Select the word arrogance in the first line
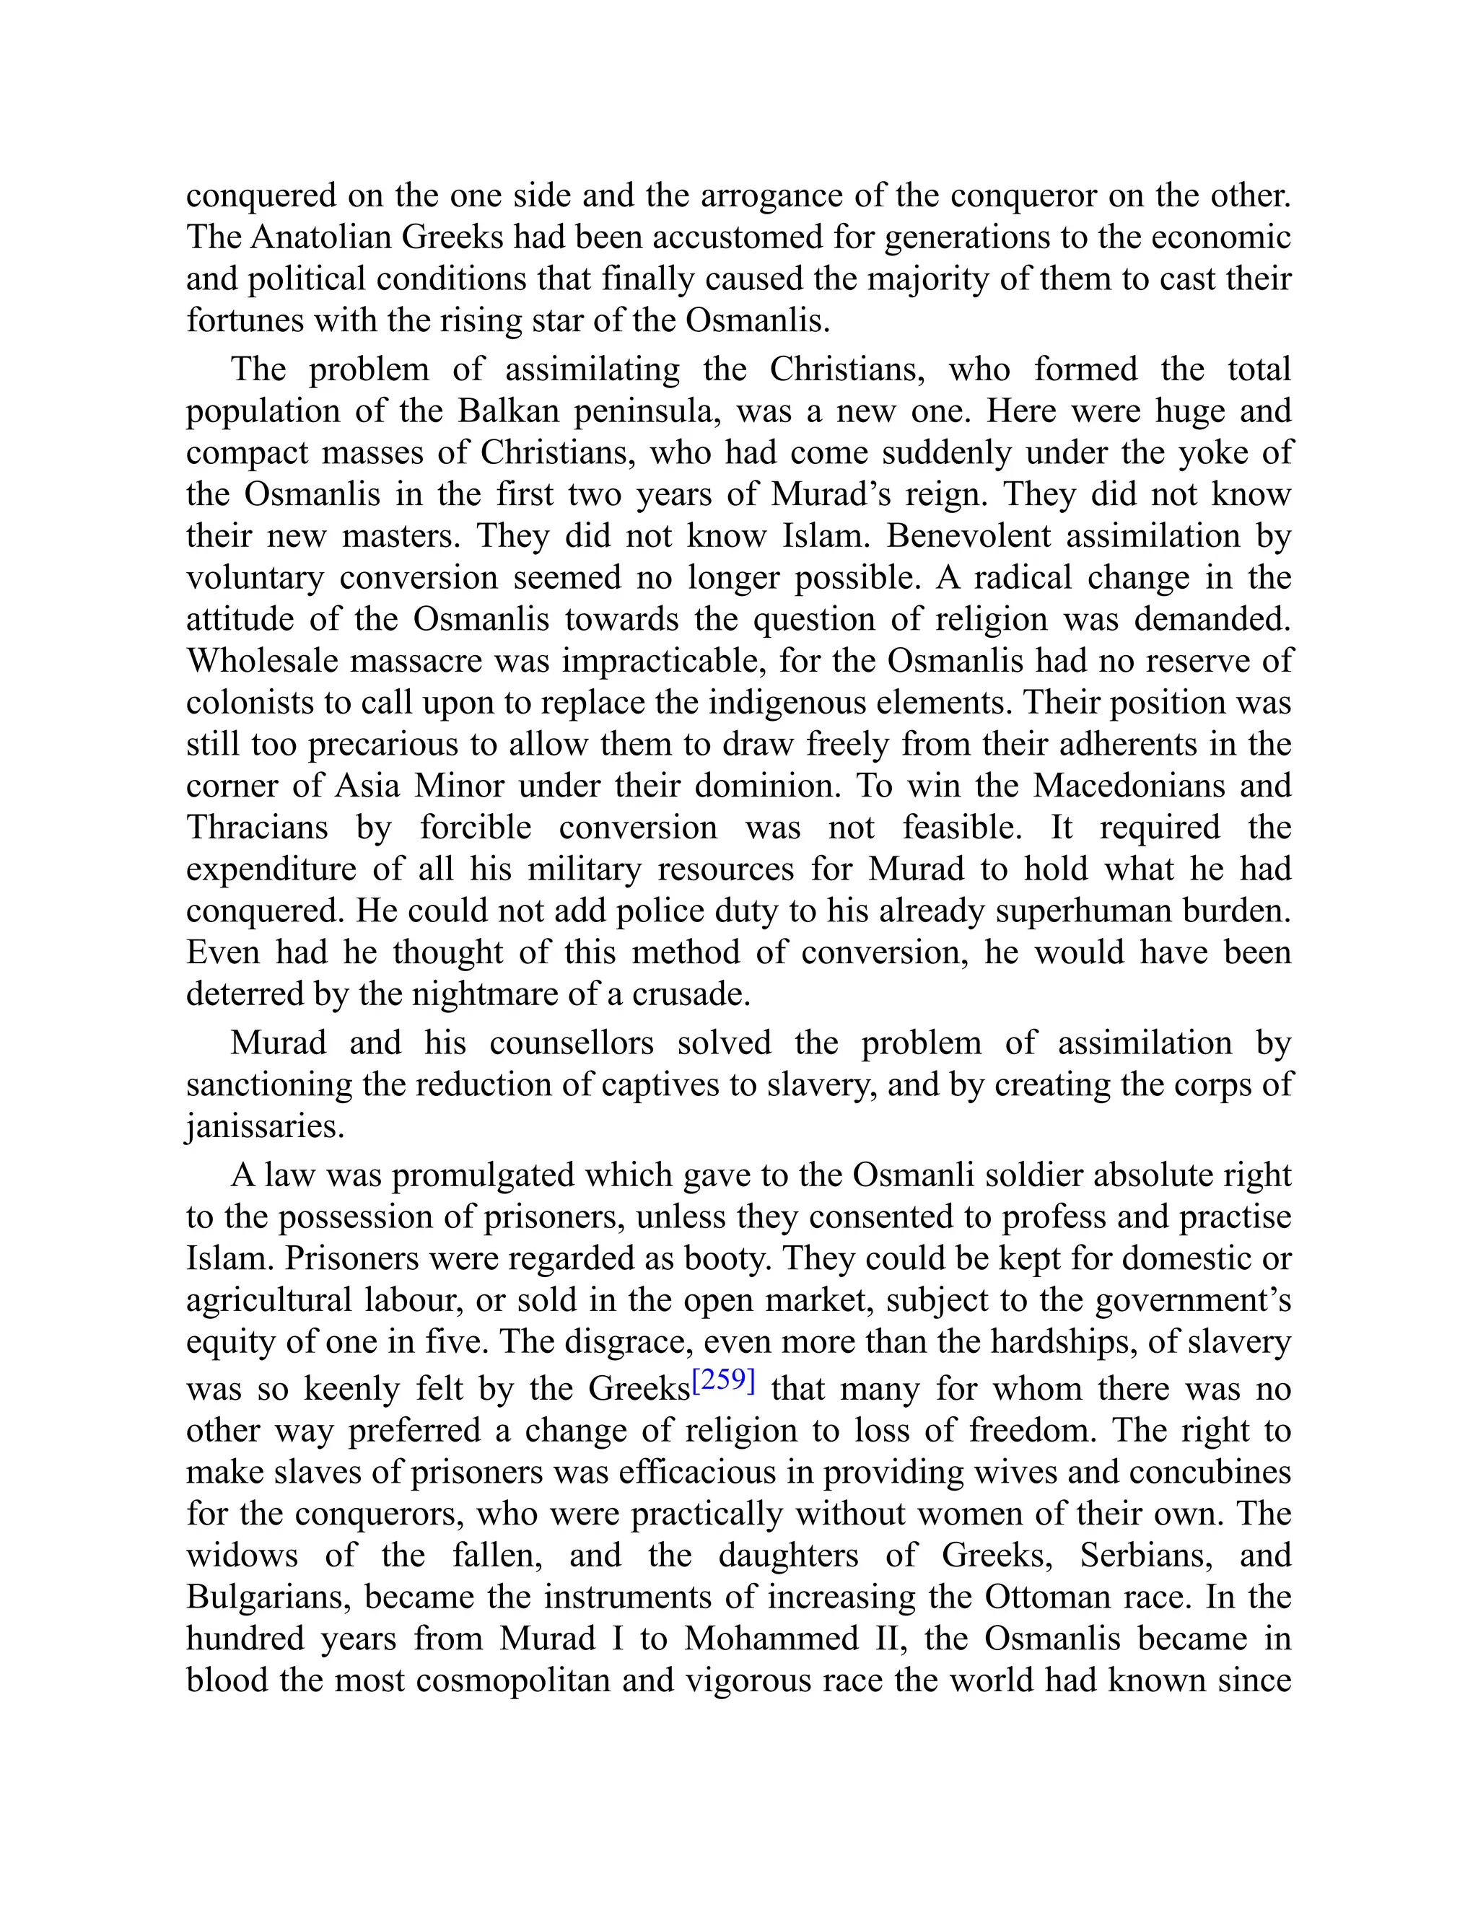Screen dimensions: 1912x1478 (x=772, y=196)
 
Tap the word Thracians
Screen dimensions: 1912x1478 (x=258, y=828)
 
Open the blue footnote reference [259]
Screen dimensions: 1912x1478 (x=723, y=1382)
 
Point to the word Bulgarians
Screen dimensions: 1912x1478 (x=268, y=1597)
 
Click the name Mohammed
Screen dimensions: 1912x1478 (x=771, y=1639)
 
